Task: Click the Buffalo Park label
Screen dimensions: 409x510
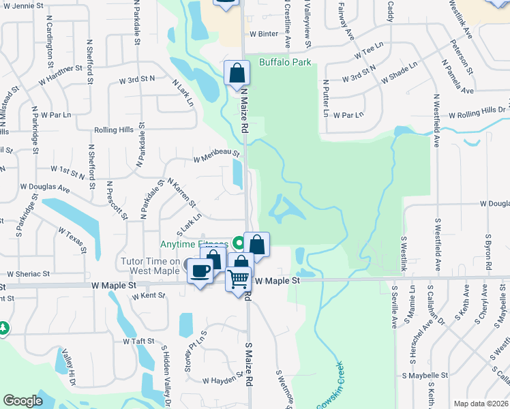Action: point(285,63)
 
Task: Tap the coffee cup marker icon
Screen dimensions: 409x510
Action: point(200,271)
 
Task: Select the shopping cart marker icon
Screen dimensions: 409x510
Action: point(238,278)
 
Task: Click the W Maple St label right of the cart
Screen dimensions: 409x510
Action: point(277,280)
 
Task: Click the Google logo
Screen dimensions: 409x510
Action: point(22,401)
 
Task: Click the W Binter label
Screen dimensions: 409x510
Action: point(264,33)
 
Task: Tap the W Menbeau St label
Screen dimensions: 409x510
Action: point(216,157)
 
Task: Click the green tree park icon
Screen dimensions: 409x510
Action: point(3,329)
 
